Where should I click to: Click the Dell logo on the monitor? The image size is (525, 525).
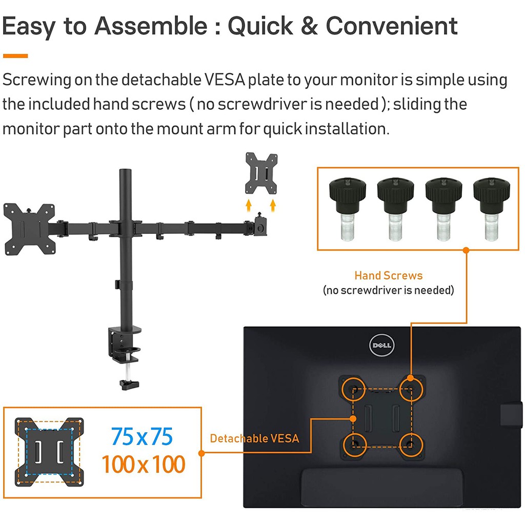[381, 345]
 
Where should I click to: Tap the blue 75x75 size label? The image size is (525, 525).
[142, 436]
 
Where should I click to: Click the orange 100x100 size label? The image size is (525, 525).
[144, 464]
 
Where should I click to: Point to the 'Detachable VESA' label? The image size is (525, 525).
[254, 438]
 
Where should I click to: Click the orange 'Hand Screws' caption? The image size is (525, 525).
[389, 275]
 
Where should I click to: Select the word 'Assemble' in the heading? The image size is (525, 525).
[151, 26]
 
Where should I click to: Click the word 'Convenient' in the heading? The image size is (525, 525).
[391, 26]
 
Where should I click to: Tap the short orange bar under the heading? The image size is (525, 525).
[15, 56]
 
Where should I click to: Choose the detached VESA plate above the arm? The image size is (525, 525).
[261, 173]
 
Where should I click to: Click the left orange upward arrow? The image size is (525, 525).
[249, 205]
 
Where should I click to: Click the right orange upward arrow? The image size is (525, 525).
[273, 205]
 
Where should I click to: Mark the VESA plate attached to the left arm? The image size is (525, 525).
[29, 229]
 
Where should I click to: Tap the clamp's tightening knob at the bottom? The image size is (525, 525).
[129, 384]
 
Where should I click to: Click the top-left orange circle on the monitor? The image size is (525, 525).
[353, 390]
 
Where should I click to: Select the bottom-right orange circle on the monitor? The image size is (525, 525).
[411, 445]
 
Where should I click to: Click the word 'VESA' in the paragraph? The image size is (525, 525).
[225, 79]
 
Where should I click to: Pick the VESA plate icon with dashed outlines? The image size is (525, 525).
[49, 452]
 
